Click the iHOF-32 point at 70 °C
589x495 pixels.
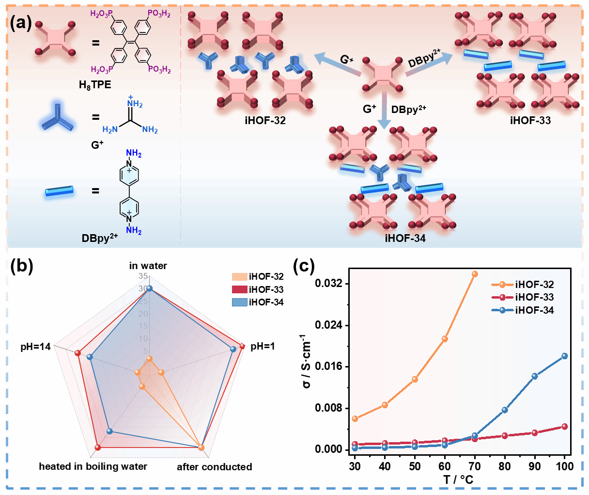pyautogui.click(x=475, y=274)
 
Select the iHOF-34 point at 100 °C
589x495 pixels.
pyautogui.click(x=564, y=356)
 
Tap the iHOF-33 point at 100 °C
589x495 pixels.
pyautogui.click(x=564, y=427)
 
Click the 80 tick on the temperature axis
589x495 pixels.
pyautogui.click(x=505, y=466)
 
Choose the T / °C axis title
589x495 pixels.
pyautogui.click(x=458, y=480)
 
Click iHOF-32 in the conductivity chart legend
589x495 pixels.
pyautogui.click(x=534, y=285)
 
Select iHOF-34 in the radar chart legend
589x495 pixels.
pyautogui.click(x=266, y=302)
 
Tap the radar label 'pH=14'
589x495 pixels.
pyautogui.click(x=35, y=347)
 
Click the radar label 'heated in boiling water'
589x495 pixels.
pyautogui.click(x=93, y=466)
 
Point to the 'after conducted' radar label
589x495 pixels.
pyautogui.click(x=214, y=467)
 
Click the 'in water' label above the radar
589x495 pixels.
pyautogui.click(x=148, y=266)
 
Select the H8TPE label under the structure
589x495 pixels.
pyautogui.click(x=95, y=85)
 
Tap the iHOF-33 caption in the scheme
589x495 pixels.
pyautogui.click(x=530, y=120)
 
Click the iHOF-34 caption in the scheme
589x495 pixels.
pyautogui.click(x=405, y=238)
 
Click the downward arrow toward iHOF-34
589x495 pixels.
pyautogui.click(x=384, y=112)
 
